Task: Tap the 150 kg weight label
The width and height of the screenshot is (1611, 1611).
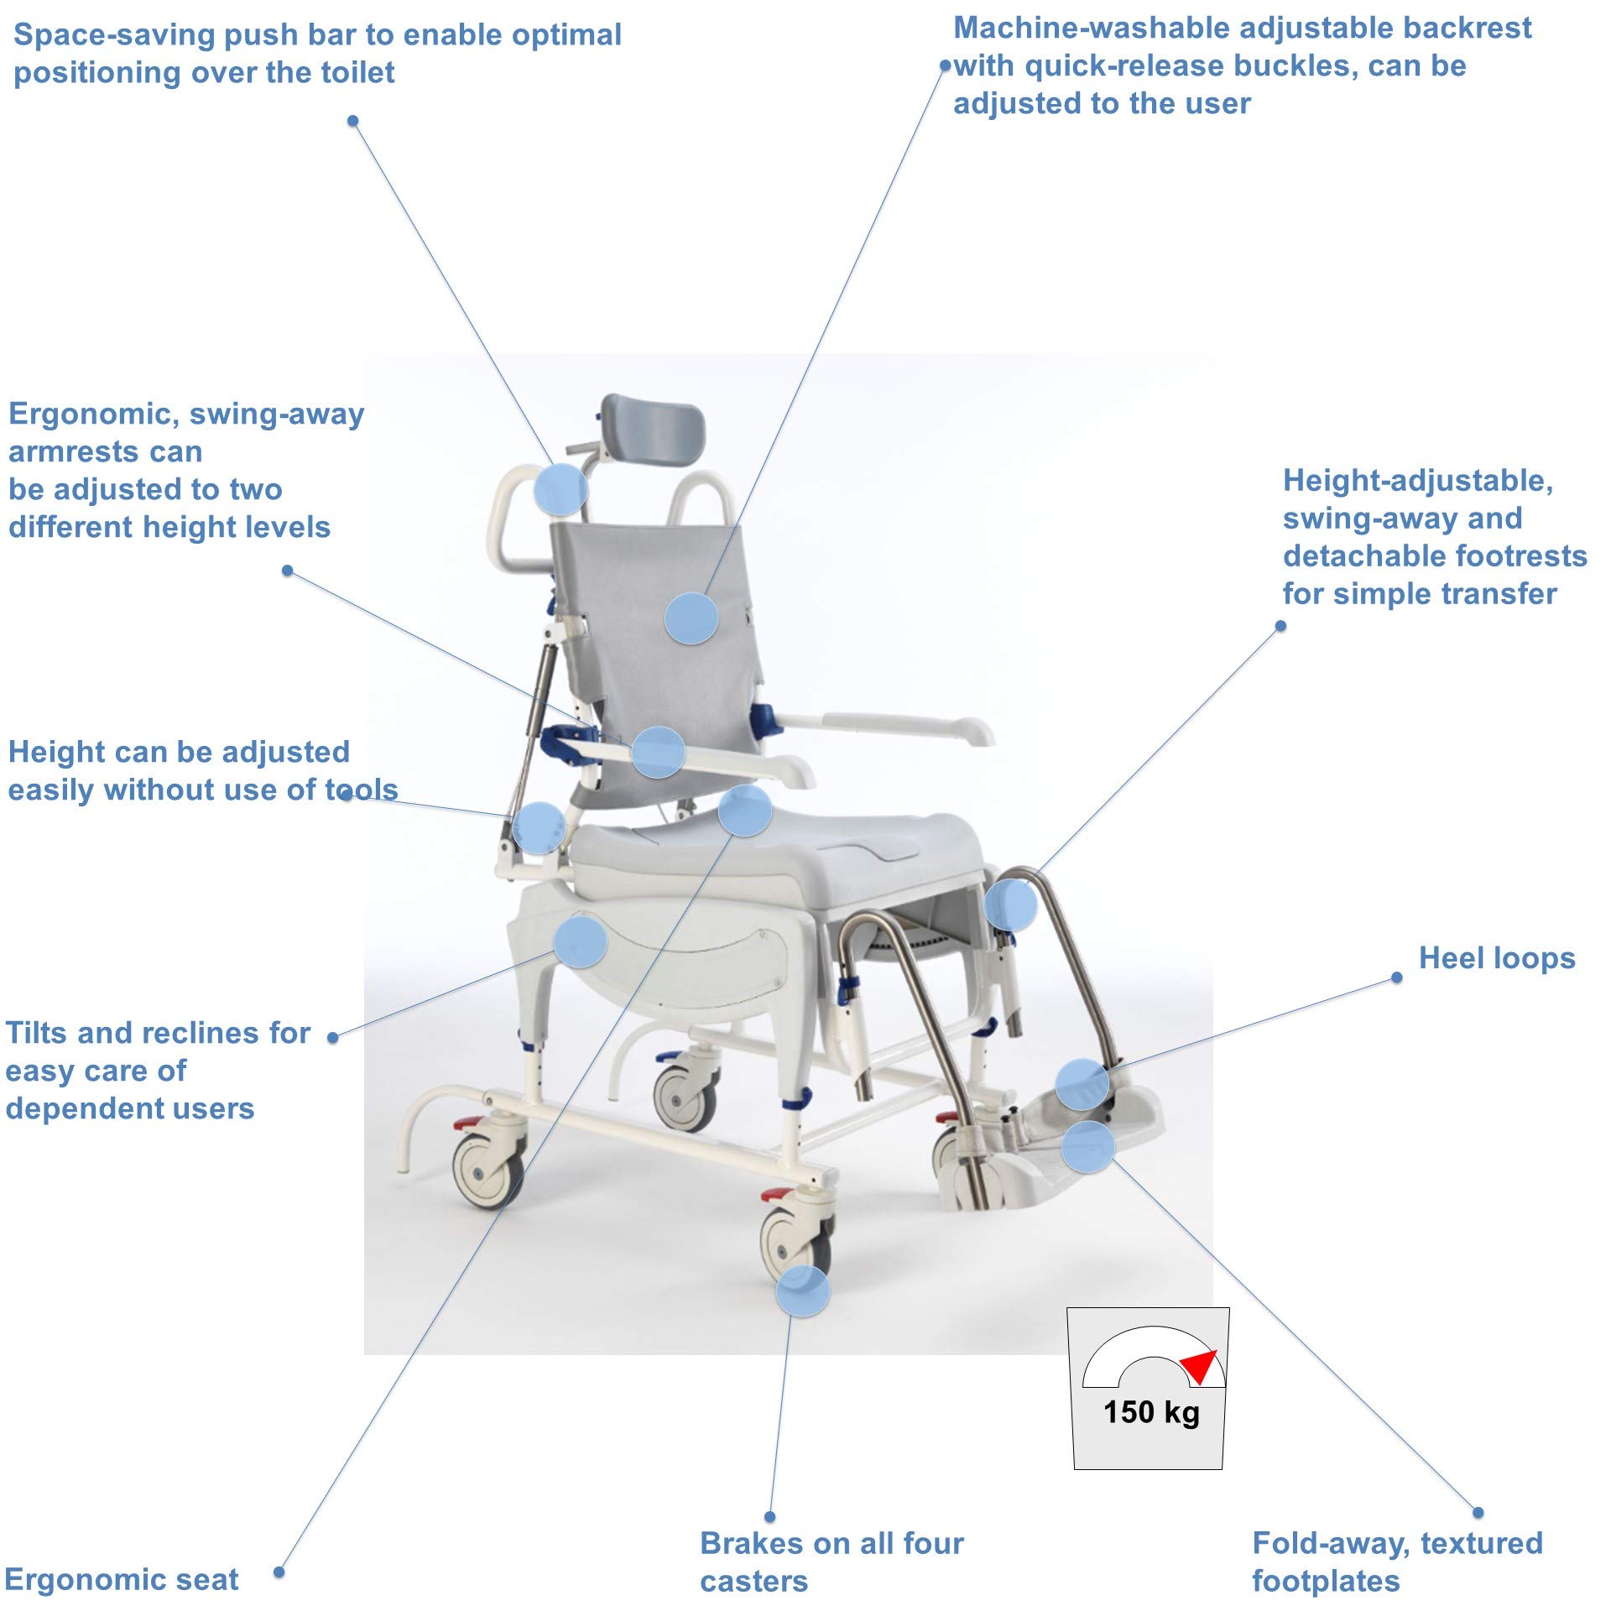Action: [1151, 1412]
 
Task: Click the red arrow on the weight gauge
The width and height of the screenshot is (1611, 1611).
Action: [1201, 1365]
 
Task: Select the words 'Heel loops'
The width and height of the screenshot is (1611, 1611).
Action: [1496, 958]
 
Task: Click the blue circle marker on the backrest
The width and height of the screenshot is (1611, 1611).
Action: [691, 618]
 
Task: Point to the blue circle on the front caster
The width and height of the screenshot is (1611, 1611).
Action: [802, 1290]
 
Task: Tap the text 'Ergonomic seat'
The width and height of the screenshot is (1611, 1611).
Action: [122, 1579]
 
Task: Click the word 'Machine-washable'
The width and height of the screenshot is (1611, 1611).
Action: [1092, 28]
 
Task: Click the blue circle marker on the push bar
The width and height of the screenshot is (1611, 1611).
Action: [560, 489]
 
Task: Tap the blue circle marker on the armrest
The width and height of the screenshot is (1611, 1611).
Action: [658, 751]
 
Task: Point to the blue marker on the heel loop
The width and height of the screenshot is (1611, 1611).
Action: [1082, 1084]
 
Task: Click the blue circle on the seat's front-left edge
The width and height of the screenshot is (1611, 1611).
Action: [744, 811]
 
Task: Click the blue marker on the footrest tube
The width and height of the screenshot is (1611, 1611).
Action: [1010, 905]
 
